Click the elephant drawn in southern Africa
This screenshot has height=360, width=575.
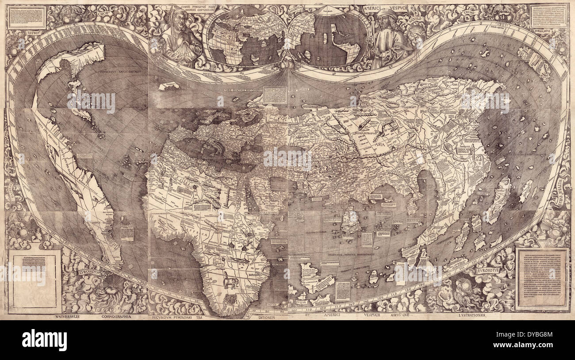230,280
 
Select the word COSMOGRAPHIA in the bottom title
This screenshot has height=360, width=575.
117,316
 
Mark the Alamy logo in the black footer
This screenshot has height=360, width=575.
44,340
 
